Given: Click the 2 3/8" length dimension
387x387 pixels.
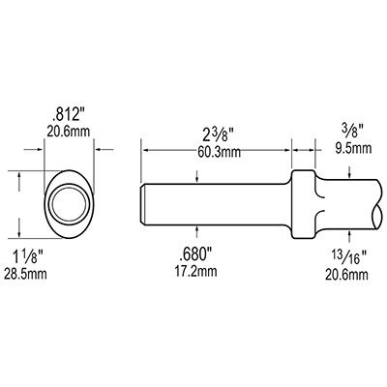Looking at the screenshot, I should pyautogui.click(x=217, y=133).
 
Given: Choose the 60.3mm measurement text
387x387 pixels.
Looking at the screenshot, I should pyautogui.click(x=217, y=152).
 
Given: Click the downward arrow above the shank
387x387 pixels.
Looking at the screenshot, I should pyautogui.click(x=197, y=176).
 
